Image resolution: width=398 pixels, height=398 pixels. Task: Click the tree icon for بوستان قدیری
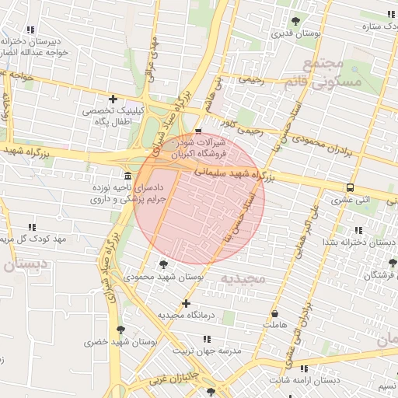[295, 22]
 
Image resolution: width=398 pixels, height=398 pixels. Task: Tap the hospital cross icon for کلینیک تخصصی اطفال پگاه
[114, 99]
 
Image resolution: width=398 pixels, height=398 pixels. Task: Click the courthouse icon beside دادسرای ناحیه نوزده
[127, 176]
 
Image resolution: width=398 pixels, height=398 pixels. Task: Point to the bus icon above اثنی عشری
[351, 187]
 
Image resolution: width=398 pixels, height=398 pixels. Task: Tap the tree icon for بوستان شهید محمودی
[162, 265]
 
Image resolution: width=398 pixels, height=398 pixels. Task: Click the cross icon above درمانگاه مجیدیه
[186, 303]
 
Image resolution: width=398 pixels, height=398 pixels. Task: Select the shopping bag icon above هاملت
[274, 312]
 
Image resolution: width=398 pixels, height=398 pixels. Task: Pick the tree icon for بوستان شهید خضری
[120, 330]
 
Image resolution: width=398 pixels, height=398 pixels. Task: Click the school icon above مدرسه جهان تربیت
[207, 339]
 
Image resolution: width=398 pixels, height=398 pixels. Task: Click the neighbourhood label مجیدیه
[243, 278]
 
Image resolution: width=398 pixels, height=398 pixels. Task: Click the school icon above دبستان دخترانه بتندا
[358, 230]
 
